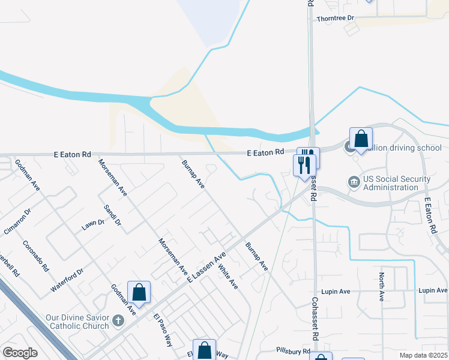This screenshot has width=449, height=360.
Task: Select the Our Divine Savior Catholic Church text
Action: coord(77,322)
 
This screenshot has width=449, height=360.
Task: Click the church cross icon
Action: coord(118,321)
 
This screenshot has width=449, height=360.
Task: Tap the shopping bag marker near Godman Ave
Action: coord(139,293)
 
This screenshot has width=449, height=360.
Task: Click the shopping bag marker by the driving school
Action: coord(361,139)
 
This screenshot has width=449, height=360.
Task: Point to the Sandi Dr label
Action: coord(113,214)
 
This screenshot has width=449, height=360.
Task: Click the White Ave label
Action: coord(228,277)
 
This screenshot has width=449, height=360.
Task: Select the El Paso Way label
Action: coord(163,330)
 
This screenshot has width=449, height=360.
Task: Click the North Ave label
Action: coord(381,287)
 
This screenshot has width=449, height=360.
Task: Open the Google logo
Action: coord(20,353)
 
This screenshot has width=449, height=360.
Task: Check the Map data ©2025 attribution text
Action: coord(423,355)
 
